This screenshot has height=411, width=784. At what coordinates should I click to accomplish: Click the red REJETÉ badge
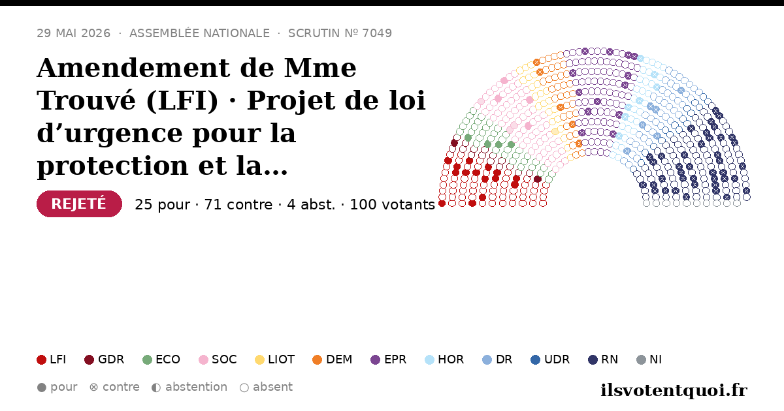(x=79, y=204)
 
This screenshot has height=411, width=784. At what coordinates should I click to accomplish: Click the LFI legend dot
(x=41, y=359)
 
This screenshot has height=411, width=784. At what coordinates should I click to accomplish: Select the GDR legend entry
(x=105, y=359)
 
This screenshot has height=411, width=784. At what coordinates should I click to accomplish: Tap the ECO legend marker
(x=148, y=359)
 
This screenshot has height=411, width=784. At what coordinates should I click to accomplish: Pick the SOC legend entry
(x=218, y=359)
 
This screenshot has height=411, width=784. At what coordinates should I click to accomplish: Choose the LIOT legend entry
(x=275, y=359)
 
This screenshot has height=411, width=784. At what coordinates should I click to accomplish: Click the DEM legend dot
(x=317, y=359)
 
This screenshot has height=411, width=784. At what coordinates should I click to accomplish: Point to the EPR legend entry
(x=389, y=359)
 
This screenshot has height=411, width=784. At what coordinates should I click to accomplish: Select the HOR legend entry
(x=444, y=359)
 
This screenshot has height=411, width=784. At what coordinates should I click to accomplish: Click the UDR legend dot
(x=536, y=359)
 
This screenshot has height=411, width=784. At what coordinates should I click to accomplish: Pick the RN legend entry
(x=603, y=359)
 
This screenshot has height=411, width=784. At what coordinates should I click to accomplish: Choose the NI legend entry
(x=649, y=359)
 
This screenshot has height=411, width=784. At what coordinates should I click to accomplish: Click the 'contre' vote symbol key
(x=93, y=388)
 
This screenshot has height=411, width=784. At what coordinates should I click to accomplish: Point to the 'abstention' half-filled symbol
(x=156, y=388)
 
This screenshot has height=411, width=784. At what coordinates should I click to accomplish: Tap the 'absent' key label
(x=272, y=387)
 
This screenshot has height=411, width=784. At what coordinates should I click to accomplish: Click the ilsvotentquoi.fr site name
(x=674, y=390)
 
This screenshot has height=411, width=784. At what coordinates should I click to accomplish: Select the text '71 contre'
(x=238, y=204)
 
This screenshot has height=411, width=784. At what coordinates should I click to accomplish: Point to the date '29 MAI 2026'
(x=73, y=33)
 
